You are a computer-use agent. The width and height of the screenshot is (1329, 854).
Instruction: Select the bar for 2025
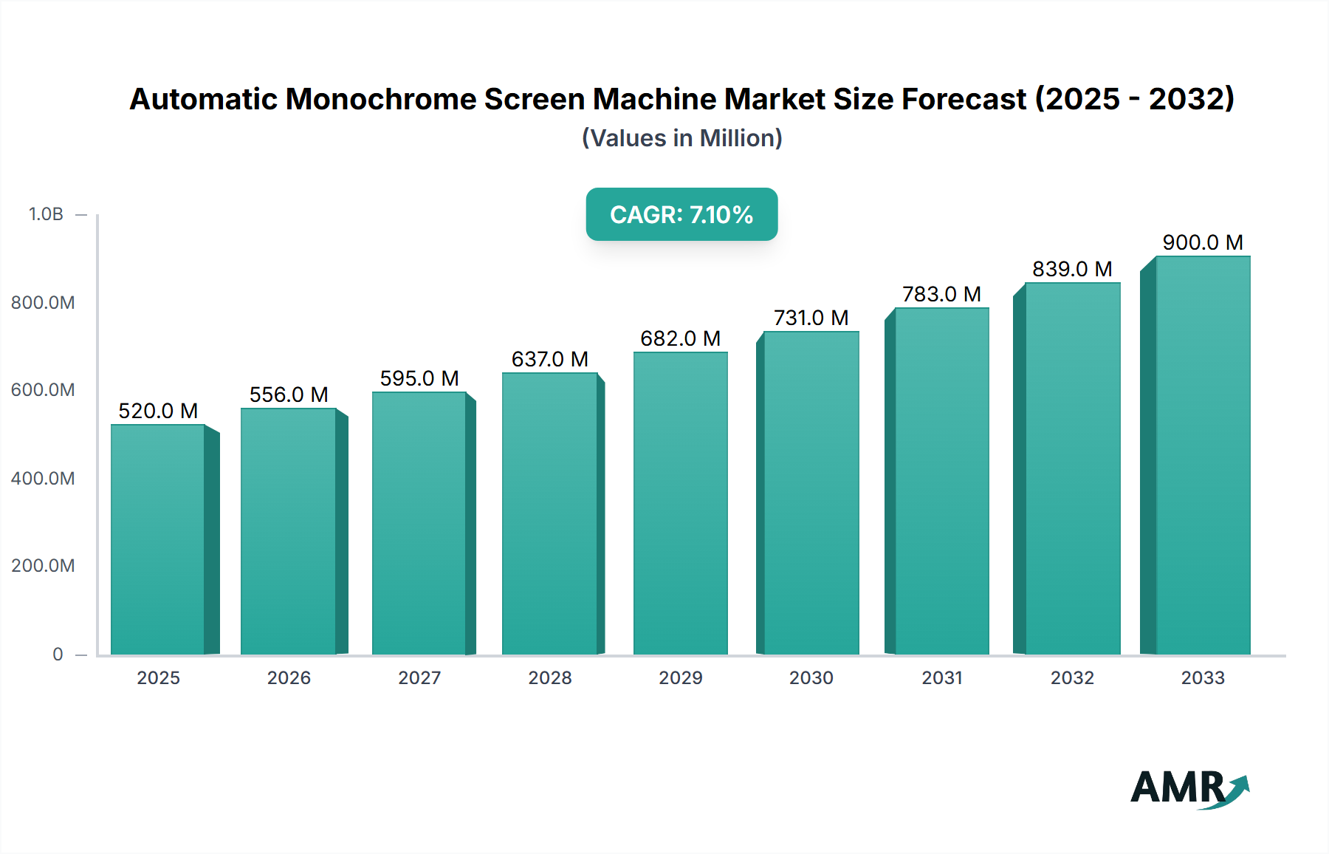pos(158,539)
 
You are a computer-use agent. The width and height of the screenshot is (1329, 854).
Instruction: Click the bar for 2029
pos(680,503)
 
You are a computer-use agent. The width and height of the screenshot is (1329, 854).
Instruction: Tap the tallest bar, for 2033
pos(1202,455)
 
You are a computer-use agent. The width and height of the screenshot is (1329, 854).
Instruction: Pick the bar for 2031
pos(941,481)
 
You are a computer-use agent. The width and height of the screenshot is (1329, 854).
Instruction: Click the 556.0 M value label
pos(289,394)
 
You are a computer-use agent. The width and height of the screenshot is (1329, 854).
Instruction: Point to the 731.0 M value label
pos(811,318)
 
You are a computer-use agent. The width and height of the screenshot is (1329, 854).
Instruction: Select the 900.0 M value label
pos(1202,242)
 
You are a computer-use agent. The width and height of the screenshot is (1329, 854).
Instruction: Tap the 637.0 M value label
pos(549,359)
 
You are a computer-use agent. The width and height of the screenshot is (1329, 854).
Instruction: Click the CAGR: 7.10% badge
pos(681,214)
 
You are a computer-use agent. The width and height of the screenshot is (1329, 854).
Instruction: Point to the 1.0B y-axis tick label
pos(46,214)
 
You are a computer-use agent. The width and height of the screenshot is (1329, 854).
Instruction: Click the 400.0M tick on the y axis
pos(43,478)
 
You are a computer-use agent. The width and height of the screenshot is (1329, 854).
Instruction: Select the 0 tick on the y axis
pos(58,654)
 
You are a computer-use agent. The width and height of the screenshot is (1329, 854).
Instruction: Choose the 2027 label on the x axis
pos(419,677)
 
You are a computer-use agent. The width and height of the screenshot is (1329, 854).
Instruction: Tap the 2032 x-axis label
pos(1072,677)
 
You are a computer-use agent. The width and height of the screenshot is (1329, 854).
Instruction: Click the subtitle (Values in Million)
pos(681,138)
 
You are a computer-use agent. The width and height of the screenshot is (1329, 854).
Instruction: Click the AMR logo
pos(1189,788)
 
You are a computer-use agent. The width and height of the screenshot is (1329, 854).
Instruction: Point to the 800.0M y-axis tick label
pos(43,302)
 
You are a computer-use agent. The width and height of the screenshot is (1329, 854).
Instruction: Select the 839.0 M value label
pos(1072,269)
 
